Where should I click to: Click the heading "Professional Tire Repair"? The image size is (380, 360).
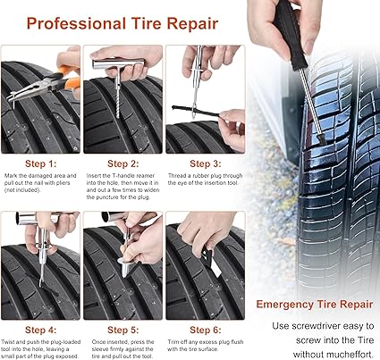128,20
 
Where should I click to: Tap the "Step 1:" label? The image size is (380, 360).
41,163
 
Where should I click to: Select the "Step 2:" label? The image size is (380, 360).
125,163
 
